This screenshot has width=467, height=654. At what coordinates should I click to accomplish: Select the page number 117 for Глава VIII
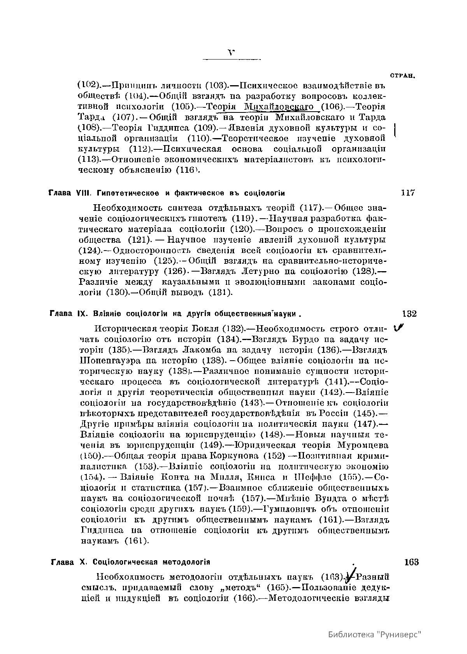click(408, 193)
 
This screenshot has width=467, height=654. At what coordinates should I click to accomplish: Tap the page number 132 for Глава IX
click(409, 314)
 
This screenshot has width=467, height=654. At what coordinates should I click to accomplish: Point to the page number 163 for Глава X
click(411, 562)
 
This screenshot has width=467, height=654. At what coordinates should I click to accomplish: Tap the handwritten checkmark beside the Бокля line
click(399, 329)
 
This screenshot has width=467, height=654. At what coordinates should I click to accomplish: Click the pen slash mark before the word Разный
click(351, 575)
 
